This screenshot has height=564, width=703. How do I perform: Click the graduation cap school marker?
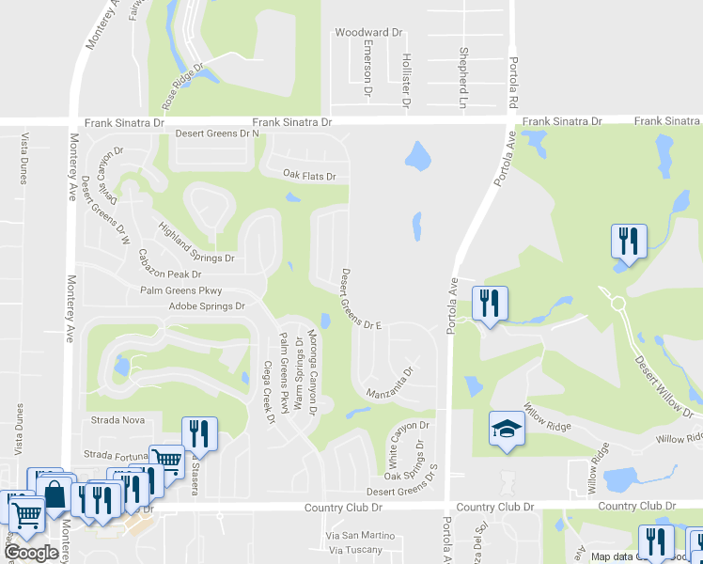pos(506,429)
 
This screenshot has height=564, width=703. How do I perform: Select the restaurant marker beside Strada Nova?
pos(198,432)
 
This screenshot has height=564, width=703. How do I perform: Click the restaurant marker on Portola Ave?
pos(489,303)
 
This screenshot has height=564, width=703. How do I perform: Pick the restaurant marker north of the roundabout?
pos(628,241)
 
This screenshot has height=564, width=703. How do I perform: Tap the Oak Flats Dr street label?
pos(309,175)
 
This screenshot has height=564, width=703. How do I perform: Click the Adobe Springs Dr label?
pos(207,306)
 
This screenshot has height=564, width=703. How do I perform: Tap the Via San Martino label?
pos(360,535)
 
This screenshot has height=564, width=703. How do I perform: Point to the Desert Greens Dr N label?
pos(218,134)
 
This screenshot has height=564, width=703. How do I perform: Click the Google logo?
pos(31,553)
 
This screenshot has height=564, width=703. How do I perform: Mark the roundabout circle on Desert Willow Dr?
pos(617,304)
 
